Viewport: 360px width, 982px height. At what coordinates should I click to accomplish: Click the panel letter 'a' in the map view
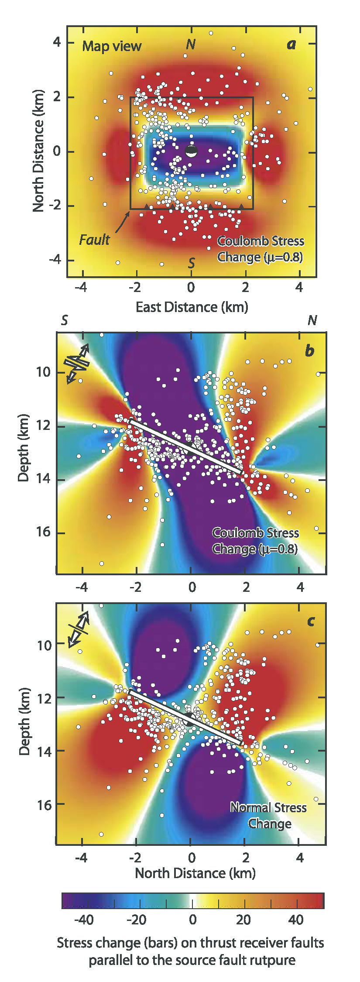tap(291, 45)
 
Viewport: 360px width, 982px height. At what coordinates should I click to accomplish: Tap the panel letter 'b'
tap(309, 350)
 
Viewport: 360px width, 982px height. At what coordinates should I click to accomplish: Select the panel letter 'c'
tap(311, 621)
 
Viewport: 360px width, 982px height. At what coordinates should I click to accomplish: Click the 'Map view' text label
tap(112, 46)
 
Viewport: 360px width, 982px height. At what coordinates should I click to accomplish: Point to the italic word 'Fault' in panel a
tap(94, 240)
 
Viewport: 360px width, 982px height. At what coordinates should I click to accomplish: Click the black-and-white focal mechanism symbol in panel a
tap(191, 151)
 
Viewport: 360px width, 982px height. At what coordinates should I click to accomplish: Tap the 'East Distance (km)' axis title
tap(192, 307)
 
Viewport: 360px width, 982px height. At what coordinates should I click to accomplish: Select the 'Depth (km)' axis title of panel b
tap(24, 448)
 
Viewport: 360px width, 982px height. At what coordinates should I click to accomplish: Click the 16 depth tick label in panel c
tap(44, 804)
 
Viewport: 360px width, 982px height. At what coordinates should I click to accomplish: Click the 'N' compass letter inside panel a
tap(190, 45)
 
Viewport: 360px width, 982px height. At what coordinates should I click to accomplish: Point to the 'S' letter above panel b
tap(64, 321)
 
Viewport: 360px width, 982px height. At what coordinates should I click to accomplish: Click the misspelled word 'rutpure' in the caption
tap(273, 960)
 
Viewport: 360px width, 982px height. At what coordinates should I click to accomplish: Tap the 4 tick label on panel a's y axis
tap(57, 43)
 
